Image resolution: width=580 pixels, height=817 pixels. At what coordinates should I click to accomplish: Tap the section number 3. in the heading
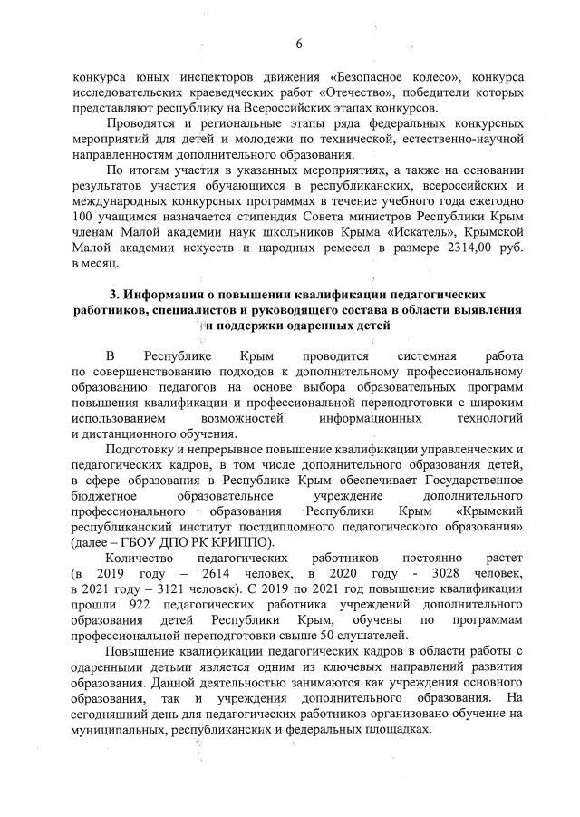pyautogui.click(x=114, y=296)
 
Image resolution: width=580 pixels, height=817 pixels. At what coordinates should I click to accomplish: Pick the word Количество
pyautogui.click(x=139, y=560)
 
